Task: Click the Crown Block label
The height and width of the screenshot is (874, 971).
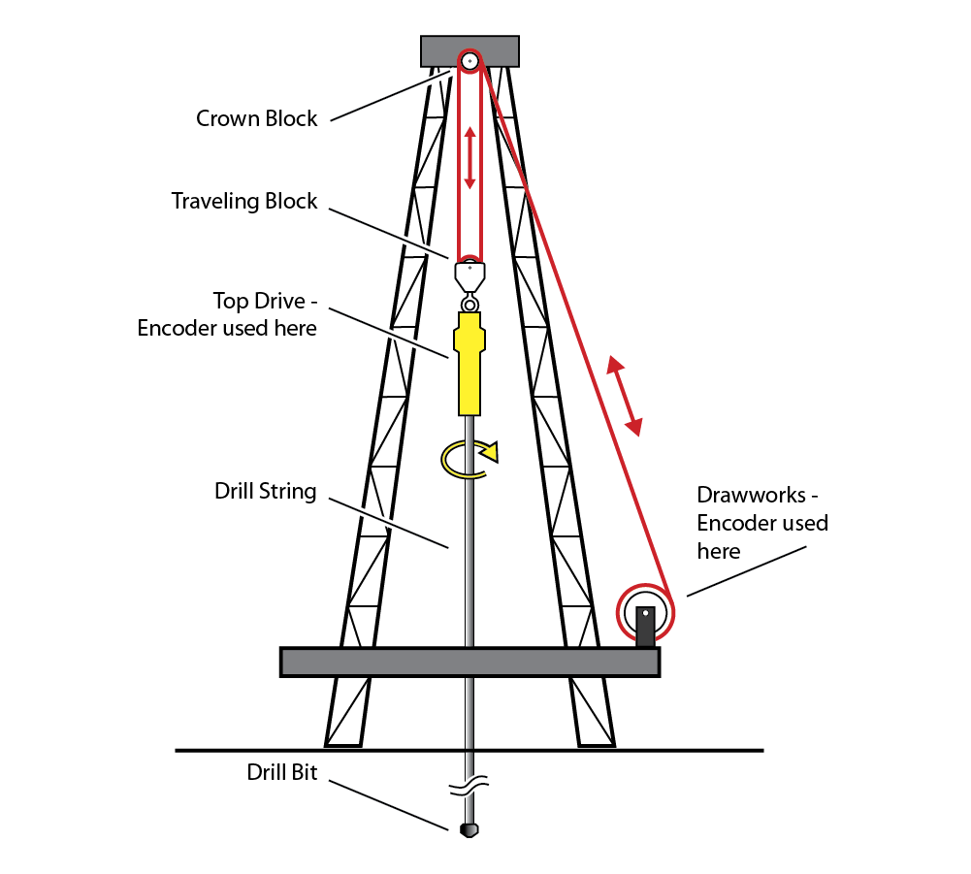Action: coord(257,118)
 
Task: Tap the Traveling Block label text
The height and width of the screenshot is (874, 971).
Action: coord(244,202)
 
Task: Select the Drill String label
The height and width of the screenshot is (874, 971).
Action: coord(265,491)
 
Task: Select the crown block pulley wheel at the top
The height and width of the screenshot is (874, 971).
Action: coord(469,61)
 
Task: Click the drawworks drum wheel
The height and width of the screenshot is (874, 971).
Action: coord(645,613)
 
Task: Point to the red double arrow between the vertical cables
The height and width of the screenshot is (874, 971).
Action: coord(469,158)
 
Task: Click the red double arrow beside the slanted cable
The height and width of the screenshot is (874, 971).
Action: coord(625,394)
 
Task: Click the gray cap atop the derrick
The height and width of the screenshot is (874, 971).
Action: coord(437,50)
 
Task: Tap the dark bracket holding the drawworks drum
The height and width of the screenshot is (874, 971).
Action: coord(645,631)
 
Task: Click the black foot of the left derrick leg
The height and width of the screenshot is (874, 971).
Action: coord(341,746)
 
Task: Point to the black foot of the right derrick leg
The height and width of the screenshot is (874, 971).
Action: coord(597,746)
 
